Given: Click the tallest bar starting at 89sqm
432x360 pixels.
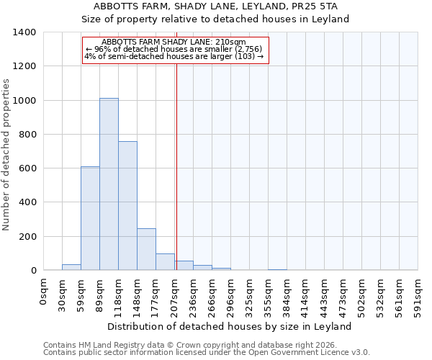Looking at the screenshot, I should click(x=109, y=184).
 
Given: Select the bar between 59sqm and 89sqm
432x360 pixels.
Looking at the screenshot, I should click(x=90, y=218).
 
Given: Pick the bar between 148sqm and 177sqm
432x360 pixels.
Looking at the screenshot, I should click(x=146, y=249).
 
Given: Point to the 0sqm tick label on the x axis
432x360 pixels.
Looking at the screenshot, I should click(x=43, y=291).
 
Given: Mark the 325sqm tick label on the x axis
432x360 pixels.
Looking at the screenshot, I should click(x=250, y=295).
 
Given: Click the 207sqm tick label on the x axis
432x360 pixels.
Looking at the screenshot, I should click(x=175, y=295).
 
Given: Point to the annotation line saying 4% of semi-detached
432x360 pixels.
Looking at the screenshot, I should click(x=175, y=55).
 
